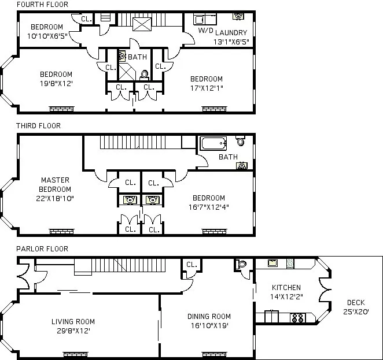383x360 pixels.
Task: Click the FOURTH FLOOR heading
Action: (x=42, y=5)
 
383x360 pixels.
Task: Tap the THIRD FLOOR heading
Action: (x=38, y=126)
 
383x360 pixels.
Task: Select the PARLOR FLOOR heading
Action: (x=42, y=249)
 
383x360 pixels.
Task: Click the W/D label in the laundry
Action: (x=205, y=30)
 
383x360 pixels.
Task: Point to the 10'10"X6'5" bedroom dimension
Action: (x=47, y=36)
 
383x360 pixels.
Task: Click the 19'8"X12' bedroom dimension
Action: (x=56, y=83)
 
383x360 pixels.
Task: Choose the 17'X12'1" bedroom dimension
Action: (x=207, y=88)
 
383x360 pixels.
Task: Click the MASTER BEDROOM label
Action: (x=56, y=185)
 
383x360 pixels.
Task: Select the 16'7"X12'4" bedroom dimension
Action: (x=209, y=206)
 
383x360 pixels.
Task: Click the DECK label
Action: (x=356, y=302)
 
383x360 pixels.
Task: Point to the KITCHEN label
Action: (x=286, y=288)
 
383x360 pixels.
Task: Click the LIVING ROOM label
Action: (x=73, y=322)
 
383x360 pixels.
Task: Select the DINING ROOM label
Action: (x=209, y=316)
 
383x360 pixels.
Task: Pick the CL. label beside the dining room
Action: (x=191, y=265)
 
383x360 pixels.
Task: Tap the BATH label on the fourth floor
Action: (x=137, y=57)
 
